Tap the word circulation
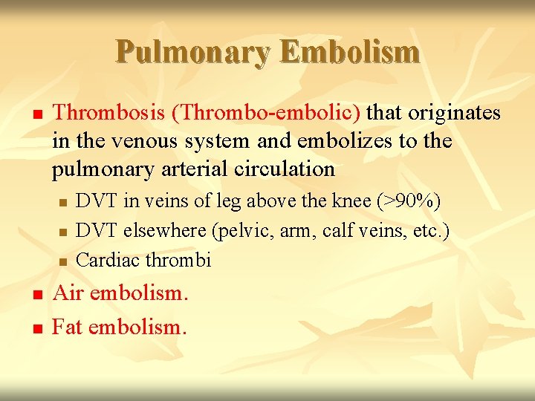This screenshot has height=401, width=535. [x=279, y=169]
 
